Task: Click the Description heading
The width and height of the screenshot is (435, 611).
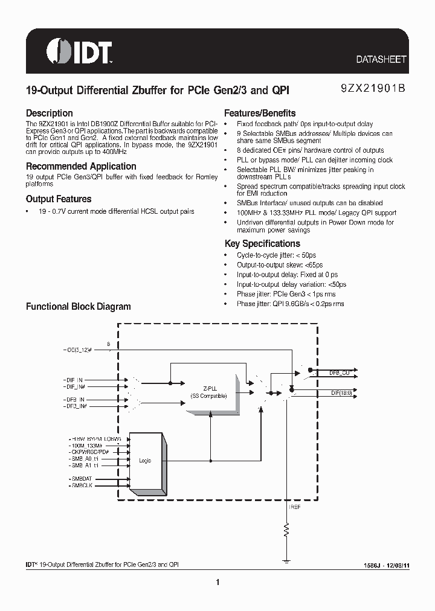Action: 49,113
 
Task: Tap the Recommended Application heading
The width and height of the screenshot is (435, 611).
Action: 81,166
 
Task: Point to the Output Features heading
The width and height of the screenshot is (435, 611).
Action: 59,199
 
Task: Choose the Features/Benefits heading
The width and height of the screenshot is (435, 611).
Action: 260,113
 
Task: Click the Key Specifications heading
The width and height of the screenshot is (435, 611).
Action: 262,243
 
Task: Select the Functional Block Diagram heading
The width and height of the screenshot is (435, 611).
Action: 78,306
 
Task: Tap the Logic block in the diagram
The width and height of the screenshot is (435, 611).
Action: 145,461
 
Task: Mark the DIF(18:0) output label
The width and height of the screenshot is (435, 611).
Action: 341,392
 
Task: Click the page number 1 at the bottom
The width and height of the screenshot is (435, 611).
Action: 217,582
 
